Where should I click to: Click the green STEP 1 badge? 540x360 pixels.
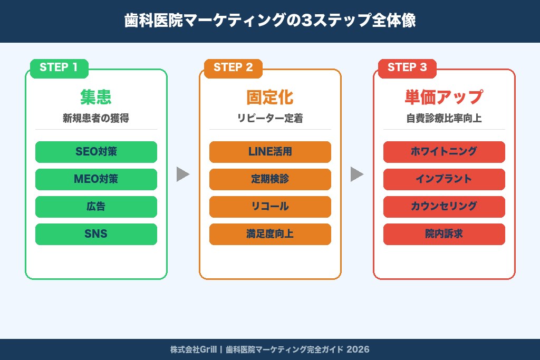click(59, 68)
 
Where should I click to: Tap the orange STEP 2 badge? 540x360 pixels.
click(233, 68)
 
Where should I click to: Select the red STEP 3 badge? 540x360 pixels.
click(407, 68)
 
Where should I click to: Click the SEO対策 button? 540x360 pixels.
click(96, 152)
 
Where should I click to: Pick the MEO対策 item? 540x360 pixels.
click(96, 179)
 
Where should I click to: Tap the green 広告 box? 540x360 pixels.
click(96, 207)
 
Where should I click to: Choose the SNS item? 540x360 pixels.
click(96, 234)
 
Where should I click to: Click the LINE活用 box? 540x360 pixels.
click(270, 152)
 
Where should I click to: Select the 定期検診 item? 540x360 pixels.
click(270, 179)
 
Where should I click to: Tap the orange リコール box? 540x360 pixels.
click(270, 207)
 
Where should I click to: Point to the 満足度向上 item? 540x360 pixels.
click(270, 234)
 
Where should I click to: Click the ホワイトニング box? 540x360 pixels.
click(444, 152)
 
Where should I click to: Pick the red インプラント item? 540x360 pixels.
click(444, 179)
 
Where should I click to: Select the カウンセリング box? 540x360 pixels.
click(444, 207)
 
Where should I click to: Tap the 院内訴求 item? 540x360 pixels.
click(444, 234)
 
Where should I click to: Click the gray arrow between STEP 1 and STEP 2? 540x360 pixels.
click(182, 174)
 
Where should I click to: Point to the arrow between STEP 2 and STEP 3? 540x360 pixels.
click(356, 174)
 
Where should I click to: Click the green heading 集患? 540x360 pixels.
click(96, 98)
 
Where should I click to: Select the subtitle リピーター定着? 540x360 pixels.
click(270, 119)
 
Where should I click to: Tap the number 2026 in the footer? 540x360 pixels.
click(358, 349)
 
